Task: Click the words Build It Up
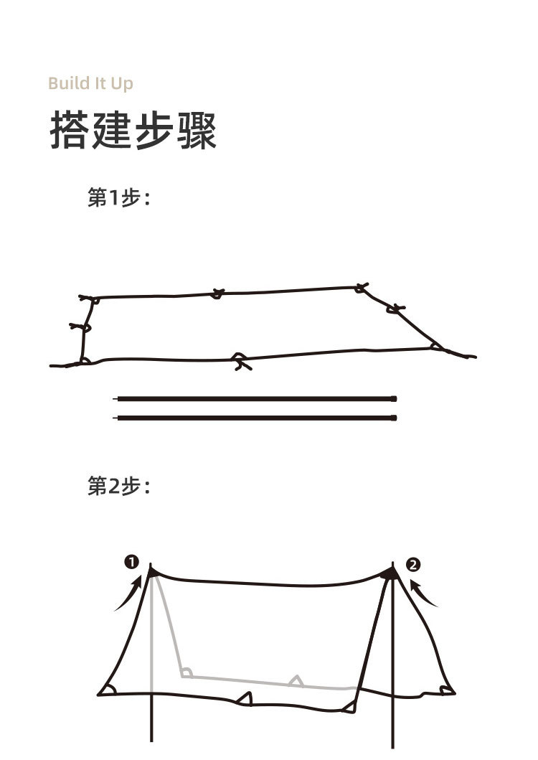click(x=90, y=83)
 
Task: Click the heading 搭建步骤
click(x=133, y=131)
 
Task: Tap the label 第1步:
click(x=119, y=197)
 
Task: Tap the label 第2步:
click(x=119, y=486)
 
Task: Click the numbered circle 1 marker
click(x=132, y=562)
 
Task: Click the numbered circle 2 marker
click(x=413, y=565)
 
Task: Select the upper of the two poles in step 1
click(x=255, y=399)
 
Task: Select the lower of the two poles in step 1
click(x=255, y=418)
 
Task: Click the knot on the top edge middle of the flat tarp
click(x=218, y=294)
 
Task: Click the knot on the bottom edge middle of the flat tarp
click(x=241, y=361)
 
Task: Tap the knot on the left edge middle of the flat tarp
click(x=81, y=327)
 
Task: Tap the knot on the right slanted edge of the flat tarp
click(x=395, y=309)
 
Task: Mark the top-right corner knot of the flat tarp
click(x=361, y=288)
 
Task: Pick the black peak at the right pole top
click(x=390, y=574)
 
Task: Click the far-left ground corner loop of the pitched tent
click(x=108, y=689)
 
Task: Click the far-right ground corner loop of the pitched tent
click(x=446, y=690)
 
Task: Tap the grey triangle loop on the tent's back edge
click(x=296, y=681)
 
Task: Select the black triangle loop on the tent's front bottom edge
click(x=245, y=698)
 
